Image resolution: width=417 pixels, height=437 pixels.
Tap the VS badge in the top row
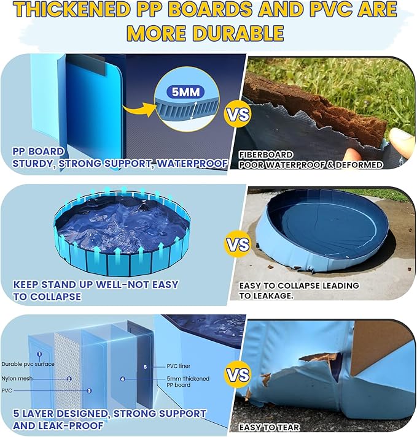236,115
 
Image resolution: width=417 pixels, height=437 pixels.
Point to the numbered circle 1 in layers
39,354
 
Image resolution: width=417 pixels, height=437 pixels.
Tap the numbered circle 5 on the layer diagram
145,367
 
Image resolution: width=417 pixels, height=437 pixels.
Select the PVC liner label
179,366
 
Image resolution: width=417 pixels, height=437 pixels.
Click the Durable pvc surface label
28,364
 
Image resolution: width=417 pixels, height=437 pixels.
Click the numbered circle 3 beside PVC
89,390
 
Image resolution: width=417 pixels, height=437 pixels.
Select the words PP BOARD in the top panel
39,151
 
